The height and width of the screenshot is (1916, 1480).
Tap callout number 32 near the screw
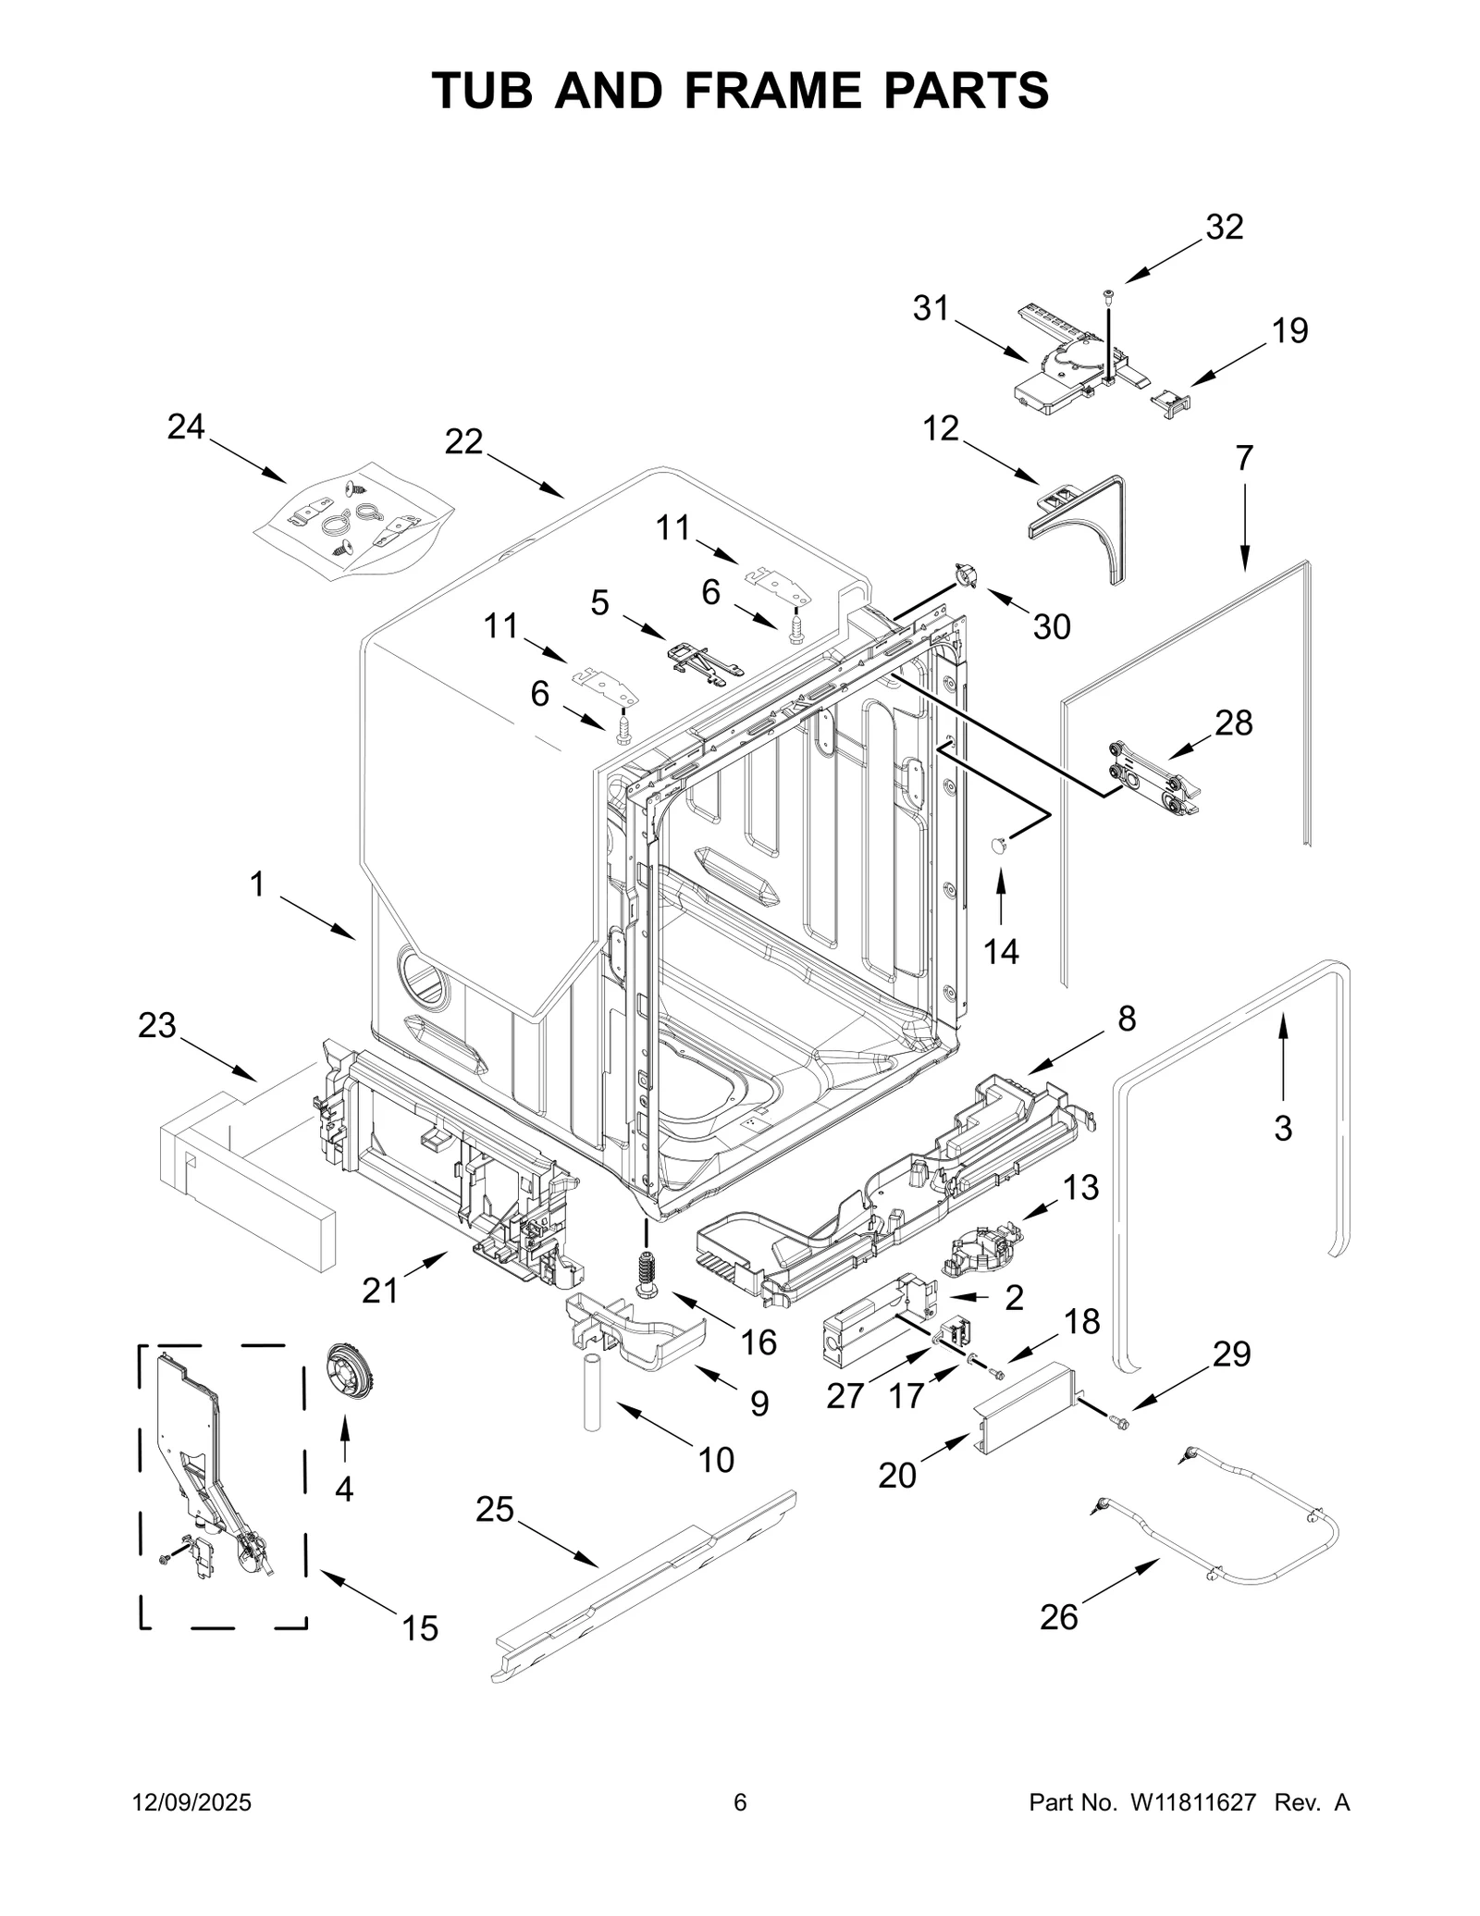1224,227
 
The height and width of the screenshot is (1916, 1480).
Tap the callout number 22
463,442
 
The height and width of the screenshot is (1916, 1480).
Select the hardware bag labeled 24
351,523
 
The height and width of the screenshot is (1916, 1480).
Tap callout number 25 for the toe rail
494,1509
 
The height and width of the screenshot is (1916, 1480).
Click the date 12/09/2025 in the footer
192,1802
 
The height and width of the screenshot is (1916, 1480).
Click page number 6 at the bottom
740,1802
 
